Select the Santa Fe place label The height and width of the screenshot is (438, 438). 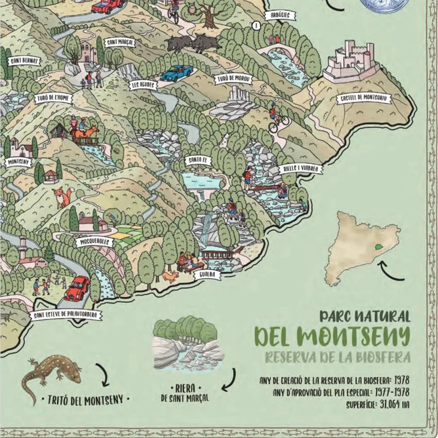tap(197, 161)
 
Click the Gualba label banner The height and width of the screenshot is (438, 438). tap(207, 275)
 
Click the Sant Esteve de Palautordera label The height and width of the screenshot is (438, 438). tap(65, 315)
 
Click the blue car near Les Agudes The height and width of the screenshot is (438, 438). tap(176, 73)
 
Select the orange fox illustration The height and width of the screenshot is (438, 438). tap(62, 197)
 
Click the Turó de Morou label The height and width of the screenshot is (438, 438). tap(233, 79)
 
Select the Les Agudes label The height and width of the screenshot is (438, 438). tap(143, 85)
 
